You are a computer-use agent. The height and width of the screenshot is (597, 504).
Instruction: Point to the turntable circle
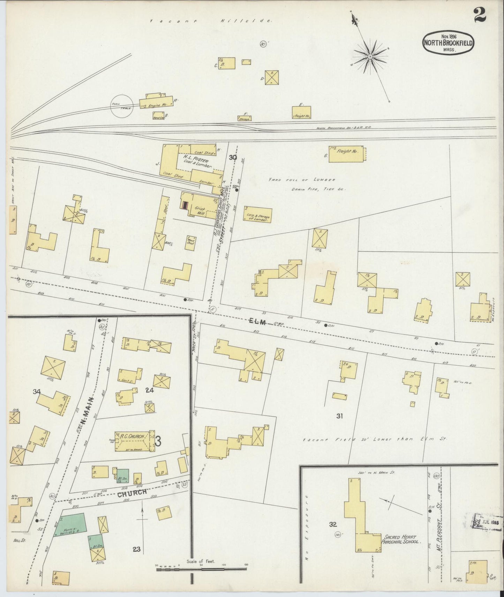point(121,106)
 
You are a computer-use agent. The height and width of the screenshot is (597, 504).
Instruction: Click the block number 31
point(340,416)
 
